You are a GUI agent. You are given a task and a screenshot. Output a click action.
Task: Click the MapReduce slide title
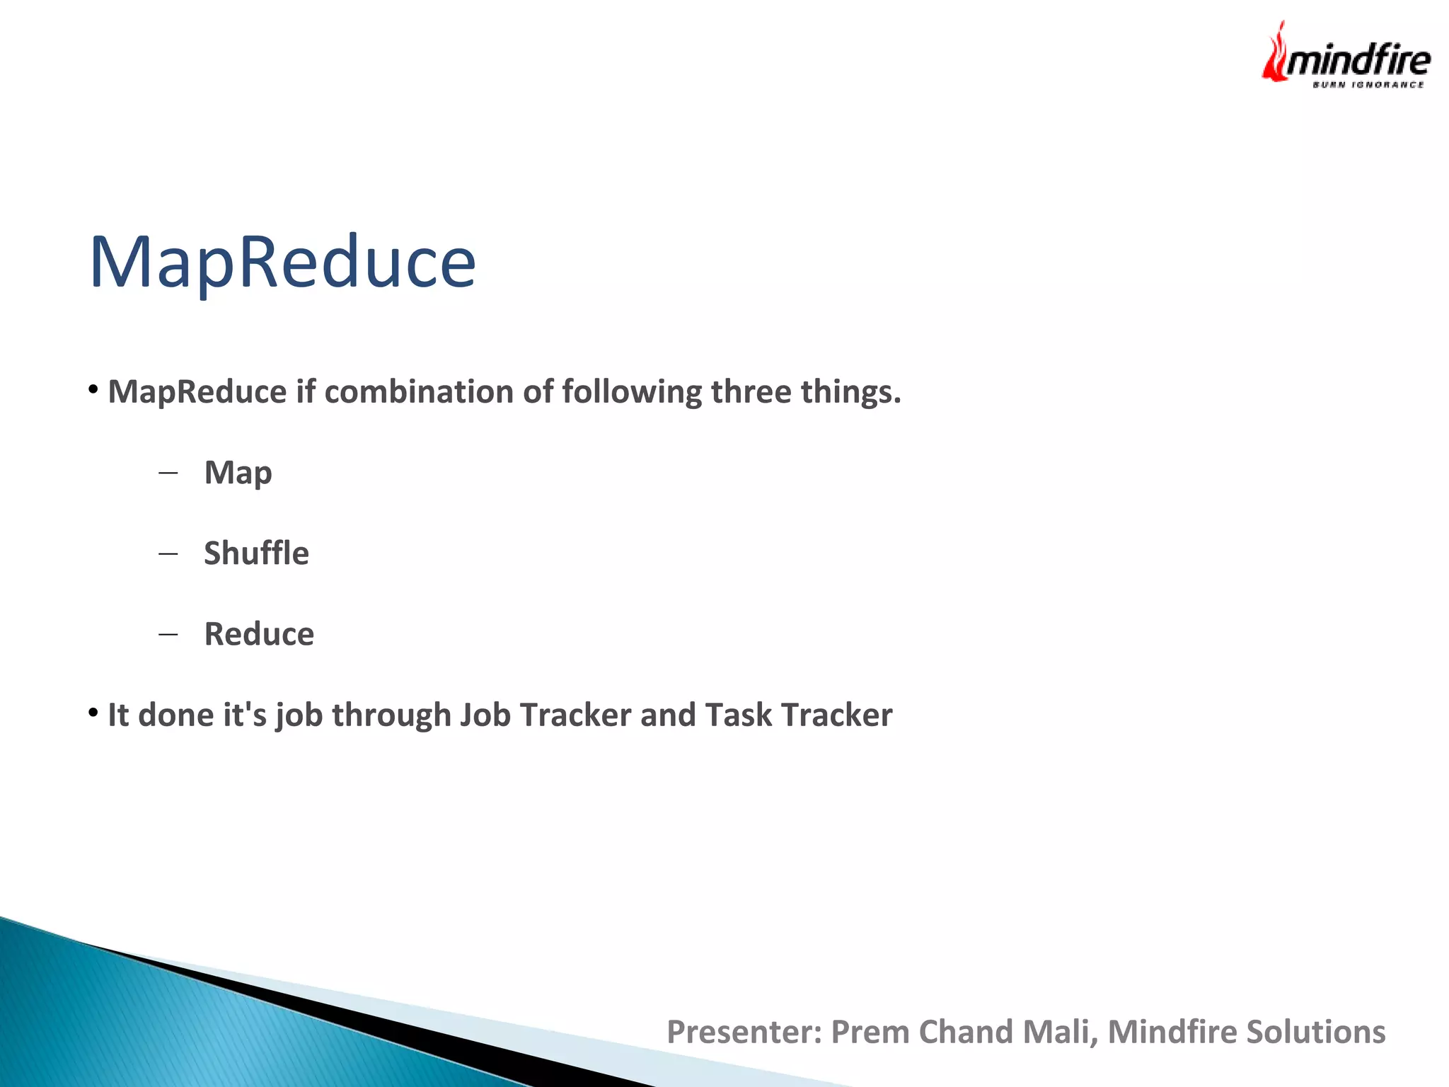click(x=282, y=262)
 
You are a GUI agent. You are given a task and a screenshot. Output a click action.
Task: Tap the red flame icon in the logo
click(x=1275, y=53)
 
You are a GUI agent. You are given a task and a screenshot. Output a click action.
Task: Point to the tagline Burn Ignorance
click(x=1368, y=85)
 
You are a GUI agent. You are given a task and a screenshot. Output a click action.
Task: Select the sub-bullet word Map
click(x=238, y=473)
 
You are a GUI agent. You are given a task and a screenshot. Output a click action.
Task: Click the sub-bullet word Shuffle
click(x=256, y=553)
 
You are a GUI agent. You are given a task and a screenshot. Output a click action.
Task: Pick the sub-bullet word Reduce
click(x=259, y=634)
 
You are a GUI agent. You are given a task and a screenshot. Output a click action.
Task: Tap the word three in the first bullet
click(x=751, y=392)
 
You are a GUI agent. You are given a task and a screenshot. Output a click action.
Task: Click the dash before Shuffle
click(x=168, y=553)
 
